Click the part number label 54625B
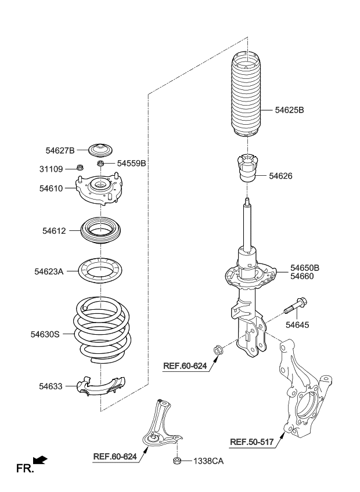click(289, 110)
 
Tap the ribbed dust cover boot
click(247, 93)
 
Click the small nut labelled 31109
click(80, 167)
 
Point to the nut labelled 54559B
click(100, 163)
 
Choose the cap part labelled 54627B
click(100, 150)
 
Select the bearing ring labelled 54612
click(100, 231)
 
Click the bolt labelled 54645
click(296, 306)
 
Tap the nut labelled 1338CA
click(177, 461)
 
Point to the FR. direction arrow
click(40, 460)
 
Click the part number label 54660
click(302, 276)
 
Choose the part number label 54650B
click(305, 267)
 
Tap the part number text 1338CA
click(208, 461)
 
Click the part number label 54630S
click(45, 334)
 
